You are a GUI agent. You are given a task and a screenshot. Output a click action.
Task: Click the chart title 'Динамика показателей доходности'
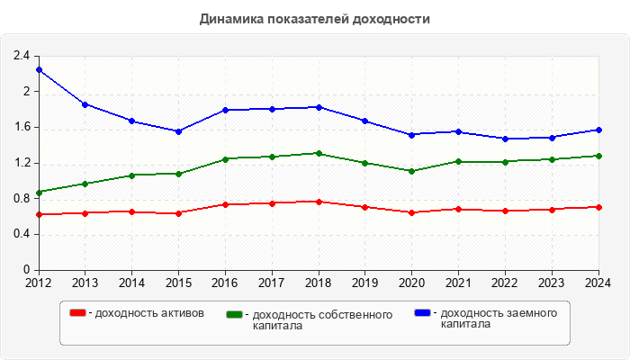click(315, 19)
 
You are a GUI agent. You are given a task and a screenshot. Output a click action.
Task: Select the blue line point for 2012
click(39, 69)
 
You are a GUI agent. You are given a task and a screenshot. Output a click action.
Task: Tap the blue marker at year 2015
click(179, 131)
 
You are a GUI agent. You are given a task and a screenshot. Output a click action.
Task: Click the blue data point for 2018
click(319, 107)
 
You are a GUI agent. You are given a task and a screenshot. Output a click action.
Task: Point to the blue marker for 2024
click(598, 130)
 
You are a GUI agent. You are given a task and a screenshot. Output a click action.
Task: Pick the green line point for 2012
click(39, 193)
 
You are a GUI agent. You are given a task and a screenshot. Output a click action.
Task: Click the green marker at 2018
click(319, 153)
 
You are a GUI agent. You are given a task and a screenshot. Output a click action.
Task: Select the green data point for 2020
click(411, 171)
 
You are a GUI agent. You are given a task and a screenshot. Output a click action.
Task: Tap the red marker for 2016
click(225, 204)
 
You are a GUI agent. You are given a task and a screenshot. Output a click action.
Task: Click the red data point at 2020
click(411, 212)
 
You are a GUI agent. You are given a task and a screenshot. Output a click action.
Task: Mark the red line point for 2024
click(598, 207)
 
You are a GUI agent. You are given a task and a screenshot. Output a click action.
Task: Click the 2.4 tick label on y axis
click(22, 56)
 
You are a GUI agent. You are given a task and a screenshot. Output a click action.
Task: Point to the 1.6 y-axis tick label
click(22, 127)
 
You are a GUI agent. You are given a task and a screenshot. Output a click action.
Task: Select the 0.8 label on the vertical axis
click(22, 198)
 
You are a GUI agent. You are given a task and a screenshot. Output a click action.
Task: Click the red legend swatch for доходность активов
click(78, 313)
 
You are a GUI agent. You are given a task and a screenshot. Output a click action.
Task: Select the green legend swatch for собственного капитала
click(235, 315)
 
